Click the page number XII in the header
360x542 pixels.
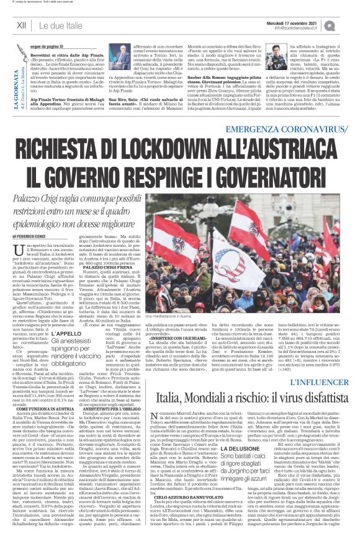pos(22,25)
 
